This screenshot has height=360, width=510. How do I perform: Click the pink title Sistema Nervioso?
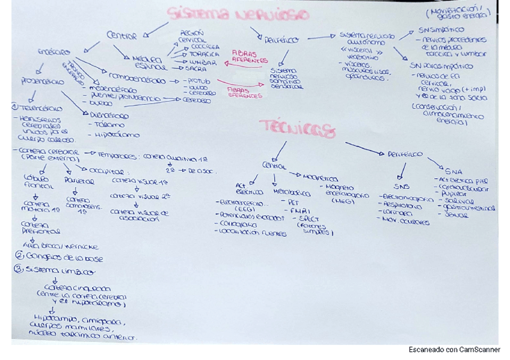(x=239, y=15)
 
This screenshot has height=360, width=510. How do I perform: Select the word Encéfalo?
(x=52, y=52)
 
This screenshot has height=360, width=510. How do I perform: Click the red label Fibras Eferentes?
(x=244, y=93)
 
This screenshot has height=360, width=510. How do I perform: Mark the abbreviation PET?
(x=293, y=203)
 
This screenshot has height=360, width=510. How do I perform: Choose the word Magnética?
(x=320, y=178)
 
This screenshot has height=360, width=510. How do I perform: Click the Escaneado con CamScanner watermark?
(x=454, y=350)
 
